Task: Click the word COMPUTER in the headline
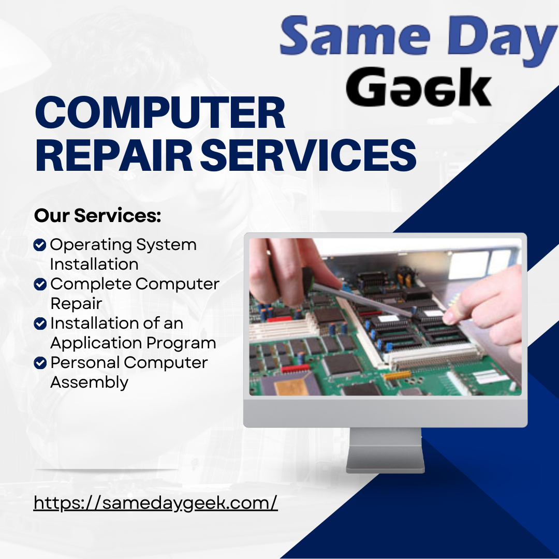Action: pyautogui.click(x=160, y=114)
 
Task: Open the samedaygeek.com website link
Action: pyautogui.click(x=156, y=503)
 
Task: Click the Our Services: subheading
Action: pyautogui.click(x=98, y=216)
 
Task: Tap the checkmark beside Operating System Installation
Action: pyautogui.click(x=39, y=245)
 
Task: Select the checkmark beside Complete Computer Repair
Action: pyautogui.click(x=39, y=284)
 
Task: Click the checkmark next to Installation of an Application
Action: pyautogui.click(x=39, y=323)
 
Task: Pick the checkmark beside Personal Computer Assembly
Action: pyautogui.click(x=39, y=363)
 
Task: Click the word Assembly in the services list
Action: pyautogui.click(x=89, y=383)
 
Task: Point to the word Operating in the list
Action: pyautogui.click(x=90, y=245)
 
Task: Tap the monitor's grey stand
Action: pyautogui.click(x=385, y=450)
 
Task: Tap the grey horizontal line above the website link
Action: pyautogui.click(x=107, y=470)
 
